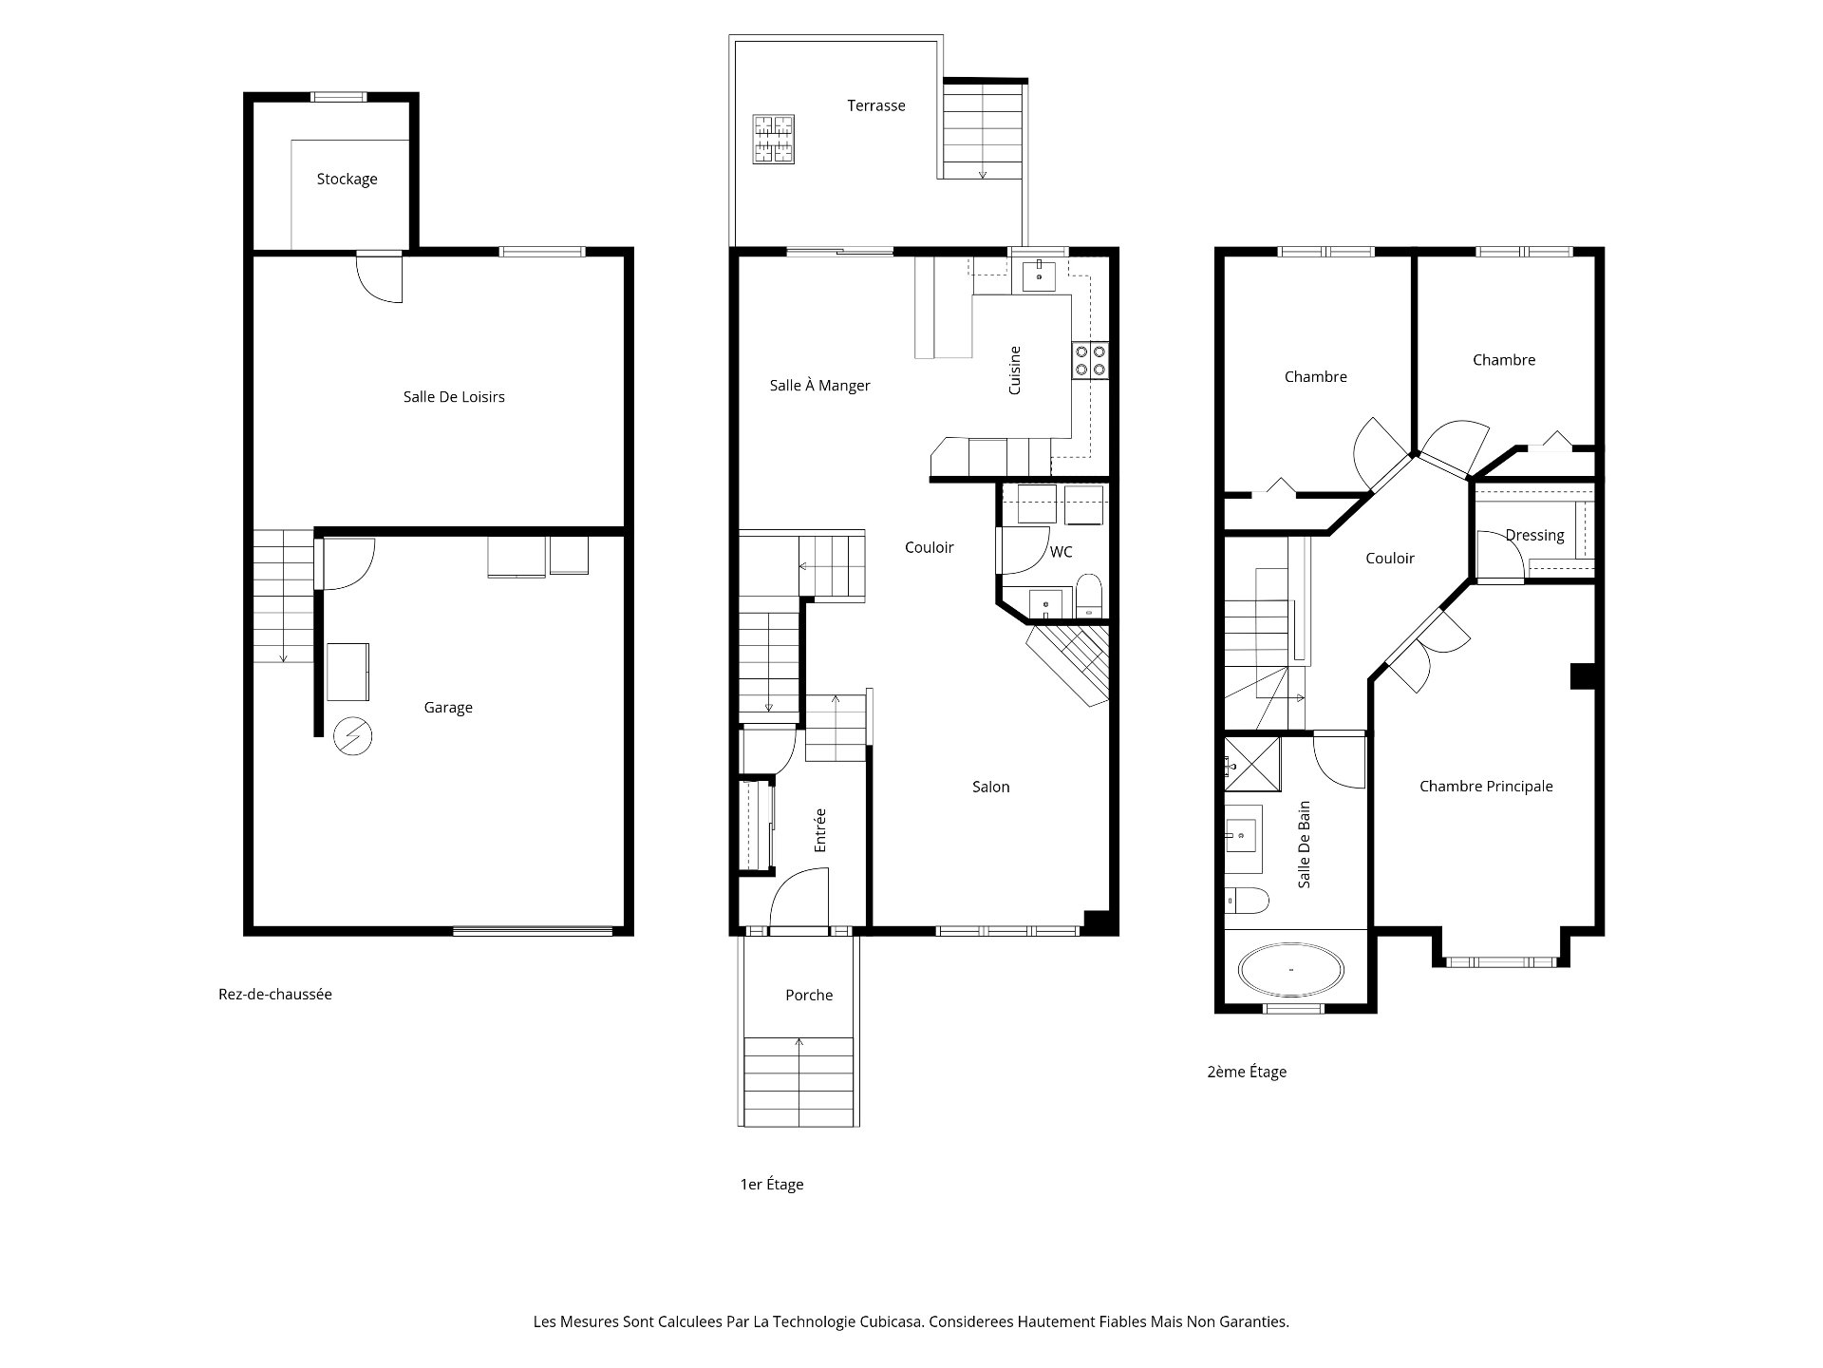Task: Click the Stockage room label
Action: point(347,179)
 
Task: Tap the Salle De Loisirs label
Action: point(454,397)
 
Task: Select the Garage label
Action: point(448,708)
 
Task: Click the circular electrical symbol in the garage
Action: point(353,735)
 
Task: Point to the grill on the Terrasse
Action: point(774,140)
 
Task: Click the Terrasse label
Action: point(876,105)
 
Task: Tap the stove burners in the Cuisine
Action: point(1090,360)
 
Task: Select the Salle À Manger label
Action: point(819,385)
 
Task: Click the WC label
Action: point(1061,552)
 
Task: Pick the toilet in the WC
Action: point(1088,595)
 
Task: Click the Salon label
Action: point(990,787)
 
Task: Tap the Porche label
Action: point(809,995)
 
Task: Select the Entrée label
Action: point(820,829)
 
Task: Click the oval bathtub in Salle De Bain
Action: point(1290,971)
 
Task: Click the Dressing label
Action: point(1534,535)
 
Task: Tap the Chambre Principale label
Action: point(1486,786)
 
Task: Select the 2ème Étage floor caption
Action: point(1247,1072)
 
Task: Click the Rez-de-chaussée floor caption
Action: point(275,994)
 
